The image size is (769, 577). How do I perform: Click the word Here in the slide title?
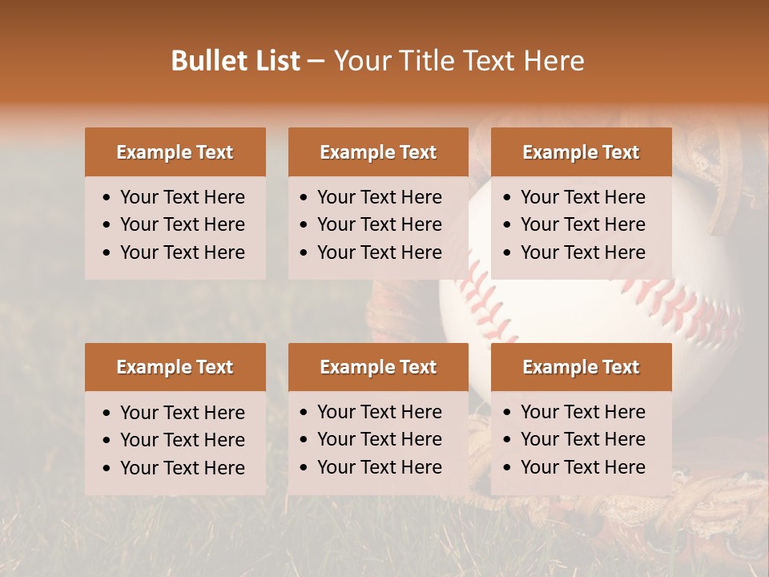554,61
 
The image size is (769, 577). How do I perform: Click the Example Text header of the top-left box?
175,152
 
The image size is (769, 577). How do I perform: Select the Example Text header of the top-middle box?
378,152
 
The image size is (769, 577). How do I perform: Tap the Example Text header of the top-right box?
581,152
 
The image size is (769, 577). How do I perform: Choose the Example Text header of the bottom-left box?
175,367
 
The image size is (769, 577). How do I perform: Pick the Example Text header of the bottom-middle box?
378,367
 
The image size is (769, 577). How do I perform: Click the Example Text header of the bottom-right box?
581,367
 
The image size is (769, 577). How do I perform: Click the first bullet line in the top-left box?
183,197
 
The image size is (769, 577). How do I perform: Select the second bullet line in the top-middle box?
380,224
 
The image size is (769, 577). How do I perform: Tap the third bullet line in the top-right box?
583,252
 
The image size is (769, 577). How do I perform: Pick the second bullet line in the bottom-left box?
183,440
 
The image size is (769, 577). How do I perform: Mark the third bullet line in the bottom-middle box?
380,467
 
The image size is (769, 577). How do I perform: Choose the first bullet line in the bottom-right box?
583,412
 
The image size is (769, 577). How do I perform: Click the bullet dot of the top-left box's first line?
107,198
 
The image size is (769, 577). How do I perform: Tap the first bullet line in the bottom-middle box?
380,412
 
